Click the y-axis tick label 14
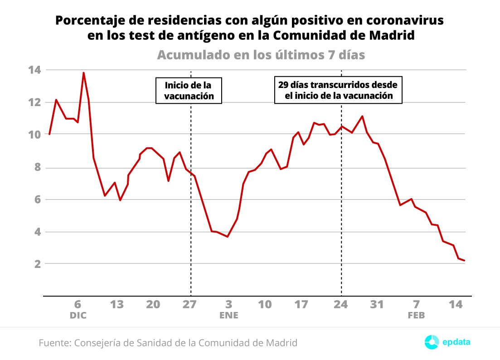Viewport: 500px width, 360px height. coord(34,70)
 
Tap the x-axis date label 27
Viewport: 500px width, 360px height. coord(190,304)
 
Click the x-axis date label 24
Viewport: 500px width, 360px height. coord(340,304)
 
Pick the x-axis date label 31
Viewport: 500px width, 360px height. coord(377,304)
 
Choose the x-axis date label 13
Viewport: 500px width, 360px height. coord(117,304)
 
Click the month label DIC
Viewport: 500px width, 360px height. coord(78,316)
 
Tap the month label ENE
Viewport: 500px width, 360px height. coord(228,316)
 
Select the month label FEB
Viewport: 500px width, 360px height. coord(416,316)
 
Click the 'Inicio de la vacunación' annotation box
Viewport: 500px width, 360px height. coord(189,91)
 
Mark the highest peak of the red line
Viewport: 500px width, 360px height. coord(83,73)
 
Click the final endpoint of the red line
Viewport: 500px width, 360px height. coord(465,261)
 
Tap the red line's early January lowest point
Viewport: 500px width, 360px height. coord(227,237)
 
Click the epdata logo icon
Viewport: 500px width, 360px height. coord(432,342)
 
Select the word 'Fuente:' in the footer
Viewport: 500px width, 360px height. coord(54,343)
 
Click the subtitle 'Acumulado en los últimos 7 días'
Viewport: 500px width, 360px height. coord(261,55)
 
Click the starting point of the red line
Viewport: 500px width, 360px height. coord(49,134)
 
